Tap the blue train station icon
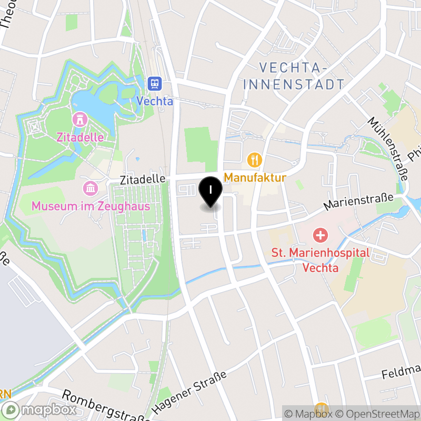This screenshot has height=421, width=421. (154, 84)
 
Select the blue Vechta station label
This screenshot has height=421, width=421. (154, 101)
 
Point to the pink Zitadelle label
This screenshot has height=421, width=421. (81, 137)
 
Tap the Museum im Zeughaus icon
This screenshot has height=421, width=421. (91, 188)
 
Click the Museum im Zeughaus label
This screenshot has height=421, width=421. (91, 206)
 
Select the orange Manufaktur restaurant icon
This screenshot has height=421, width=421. (255, 159)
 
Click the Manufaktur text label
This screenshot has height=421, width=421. (255, 177)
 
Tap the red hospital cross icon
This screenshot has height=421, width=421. (320, 234)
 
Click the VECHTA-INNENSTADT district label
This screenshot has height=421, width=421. (302, 76)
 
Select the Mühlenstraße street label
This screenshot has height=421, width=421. (388, 148)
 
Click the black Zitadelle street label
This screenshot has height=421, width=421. (142, 179)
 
